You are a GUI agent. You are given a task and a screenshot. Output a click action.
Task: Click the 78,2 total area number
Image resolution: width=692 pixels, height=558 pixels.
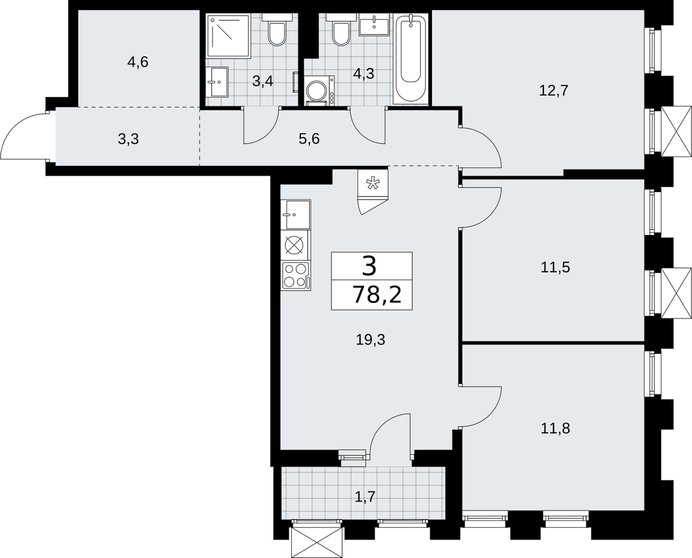click(377, 295)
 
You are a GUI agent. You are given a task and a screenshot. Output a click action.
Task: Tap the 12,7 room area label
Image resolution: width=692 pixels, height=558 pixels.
click(554, 91)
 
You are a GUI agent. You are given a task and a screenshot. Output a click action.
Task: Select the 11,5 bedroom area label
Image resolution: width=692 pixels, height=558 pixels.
click(555, 268)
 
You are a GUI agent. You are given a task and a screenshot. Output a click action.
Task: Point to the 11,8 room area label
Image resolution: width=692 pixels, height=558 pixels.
click(555, 429)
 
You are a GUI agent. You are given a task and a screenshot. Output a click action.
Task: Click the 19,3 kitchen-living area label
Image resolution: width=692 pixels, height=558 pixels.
click(371, 340)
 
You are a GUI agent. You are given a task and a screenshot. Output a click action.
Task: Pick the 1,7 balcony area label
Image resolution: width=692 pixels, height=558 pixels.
click(365, 497)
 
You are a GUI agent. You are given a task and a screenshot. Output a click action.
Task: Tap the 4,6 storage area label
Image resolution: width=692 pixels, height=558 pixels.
click(138, 62)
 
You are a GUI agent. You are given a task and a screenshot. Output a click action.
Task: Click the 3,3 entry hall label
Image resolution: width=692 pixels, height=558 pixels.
click(128, 139)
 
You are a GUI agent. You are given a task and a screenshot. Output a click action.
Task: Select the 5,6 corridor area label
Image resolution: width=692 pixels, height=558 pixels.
click(309, 139)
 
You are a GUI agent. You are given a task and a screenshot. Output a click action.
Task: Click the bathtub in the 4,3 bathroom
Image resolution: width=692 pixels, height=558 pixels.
click(411, 59)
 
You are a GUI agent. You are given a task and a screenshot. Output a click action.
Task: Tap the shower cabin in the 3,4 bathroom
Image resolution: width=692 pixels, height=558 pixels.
click(228, 36)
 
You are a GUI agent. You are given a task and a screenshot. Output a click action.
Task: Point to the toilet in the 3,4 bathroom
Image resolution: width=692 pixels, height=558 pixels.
click(277, 30)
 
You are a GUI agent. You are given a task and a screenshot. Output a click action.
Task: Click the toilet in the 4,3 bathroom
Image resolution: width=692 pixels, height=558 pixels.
click(341, 30)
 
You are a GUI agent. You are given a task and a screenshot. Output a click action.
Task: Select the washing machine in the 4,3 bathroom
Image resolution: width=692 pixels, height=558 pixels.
click(320, 91)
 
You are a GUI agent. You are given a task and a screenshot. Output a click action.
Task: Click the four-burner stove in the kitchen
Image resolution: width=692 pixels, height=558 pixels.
click(296, 276)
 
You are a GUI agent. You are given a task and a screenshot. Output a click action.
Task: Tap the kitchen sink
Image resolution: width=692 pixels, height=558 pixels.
click(296, 214)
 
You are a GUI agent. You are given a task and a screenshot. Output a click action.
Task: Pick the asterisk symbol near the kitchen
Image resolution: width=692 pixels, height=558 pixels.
click(373, 183)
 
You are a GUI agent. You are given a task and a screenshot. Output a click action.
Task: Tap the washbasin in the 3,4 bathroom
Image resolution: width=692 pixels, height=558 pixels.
click(217, 82)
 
